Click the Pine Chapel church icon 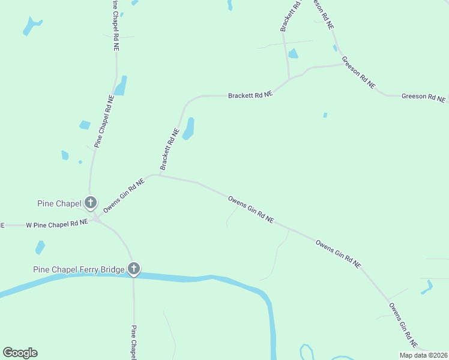[91, 203]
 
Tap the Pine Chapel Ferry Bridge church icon [134, 269]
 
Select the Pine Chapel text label [59, 203]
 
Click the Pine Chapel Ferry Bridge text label [79, 270]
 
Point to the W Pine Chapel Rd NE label [57, 224]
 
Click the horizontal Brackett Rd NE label [250, 95]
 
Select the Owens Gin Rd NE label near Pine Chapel [124, 196]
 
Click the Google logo [20, 353]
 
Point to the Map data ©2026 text [423, 355]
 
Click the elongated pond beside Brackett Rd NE [188, 128]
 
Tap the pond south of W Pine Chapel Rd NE [40, 247]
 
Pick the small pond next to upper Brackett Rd [293, 54]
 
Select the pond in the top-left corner [31, 26]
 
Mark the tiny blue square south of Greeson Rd [325, 115]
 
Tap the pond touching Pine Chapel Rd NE [121, 86]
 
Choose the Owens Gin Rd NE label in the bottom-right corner [403, 325]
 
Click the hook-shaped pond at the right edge [427, 287]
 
